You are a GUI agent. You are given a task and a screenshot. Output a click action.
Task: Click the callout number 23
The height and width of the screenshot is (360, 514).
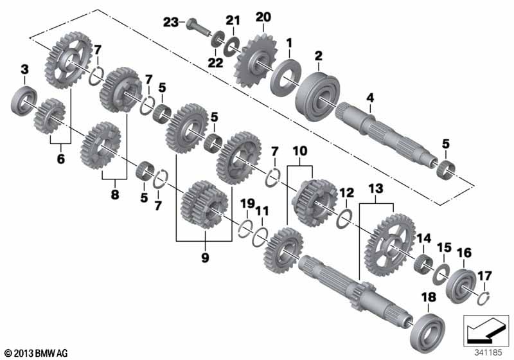click(171, 22)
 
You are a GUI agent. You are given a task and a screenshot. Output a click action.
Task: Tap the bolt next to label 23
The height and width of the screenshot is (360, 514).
click(199, 27)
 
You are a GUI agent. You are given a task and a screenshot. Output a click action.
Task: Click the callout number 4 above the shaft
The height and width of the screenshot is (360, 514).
click(370, 97)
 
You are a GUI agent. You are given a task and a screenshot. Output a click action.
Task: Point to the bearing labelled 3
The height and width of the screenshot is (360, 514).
click(24, 100)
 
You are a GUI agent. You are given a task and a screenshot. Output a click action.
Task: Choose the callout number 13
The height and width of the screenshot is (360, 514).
click(376, 188)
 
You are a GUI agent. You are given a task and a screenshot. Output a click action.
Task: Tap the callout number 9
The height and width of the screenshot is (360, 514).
click(205, 257)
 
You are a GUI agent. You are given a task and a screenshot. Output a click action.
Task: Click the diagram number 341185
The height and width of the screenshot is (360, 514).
click(488, 353)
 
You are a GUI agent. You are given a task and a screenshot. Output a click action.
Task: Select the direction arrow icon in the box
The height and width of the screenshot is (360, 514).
click(486, 330)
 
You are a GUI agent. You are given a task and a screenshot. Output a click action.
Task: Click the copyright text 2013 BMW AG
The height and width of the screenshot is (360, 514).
click(37, 354)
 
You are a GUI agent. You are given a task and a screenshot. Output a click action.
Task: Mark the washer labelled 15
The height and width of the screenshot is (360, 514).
click(441, 274)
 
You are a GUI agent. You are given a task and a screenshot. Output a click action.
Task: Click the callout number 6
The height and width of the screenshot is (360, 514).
click(61, 159)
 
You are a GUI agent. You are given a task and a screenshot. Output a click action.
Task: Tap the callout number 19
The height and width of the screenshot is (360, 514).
click(247, 204)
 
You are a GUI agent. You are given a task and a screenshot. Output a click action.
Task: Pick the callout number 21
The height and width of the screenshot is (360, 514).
click(233, 21)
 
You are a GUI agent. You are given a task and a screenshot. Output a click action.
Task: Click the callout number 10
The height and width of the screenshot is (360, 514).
click(300, 151)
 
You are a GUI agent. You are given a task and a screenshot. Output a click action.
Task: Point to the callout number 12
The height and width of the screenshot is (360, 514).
click(346, 192)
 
